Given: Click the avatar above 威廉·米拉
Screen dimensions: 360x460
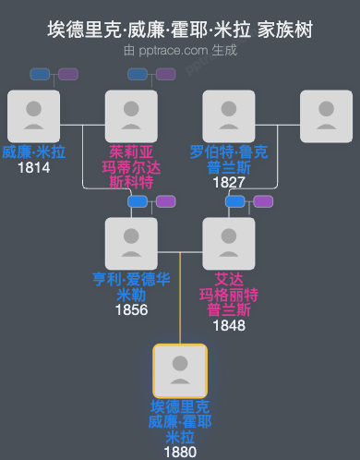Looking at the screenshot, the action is click(x=33, y=116).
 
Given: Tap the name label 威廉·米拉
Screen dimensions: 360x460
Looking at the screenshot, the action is click(x=33, y=151).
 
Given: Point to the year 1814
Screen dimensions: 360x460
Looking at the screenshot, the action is click(x=33, y=167).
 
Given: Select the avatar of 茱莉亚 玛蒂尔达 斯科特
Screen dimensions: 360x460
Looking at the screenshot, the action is click(x=131, y=116).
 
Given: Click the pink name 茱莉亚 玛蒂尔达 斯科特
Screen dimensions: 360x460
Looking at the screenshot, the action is click(x=131, y=166).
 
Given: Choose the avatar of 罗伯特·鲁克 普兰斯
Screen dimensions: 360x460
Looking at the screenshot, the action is click(x=229, y=116).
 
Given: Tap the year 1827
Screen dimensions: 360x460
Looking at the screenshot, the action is click(x=229, y=182).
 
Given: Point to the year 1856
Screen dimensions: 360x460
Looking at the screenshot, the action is click(x=131, y=309).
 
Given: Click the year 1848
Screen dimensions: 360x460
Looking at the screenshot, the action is click(x=229, y=325).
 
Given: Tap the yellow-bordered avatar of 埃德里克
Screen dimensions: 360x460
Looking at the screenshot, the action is click(x=180, y=371).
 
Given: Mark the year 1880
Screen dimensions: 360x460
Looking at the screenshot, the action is click(x=180, y=453).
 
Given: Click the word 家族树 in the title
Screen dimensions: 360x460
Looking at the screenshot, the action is click(x=287, y=30).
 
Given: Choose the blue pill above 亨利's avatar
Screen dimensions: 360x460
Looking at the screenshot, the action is click(x=138, y=201).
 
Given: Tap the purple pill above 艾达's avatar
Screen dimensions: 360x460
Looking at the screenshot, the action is click(x=263, y=201).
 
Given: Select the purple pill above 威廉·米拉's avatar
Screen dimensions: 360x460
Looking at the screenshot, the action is click(x=68, y=74).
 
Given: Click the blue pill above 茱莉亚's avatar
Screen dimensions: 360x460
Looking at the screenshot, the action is click(x=138, y=74).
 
